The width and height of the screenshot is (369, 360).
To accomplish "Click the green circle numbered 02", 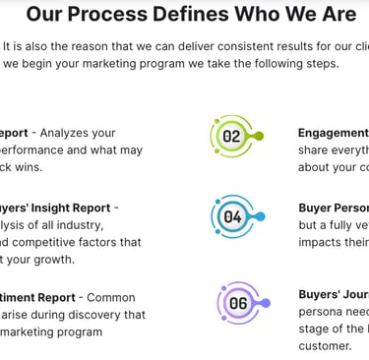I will click(x=231, y=136).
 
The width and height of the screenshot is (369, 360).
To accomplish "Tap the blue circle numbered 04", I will click(x=233, y=215).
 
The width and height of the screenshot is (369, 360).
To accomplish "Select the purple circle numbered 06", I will click(x=238, y=303).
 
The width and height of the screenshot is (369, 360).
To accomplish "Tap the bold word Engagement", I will click(x=334, y=133).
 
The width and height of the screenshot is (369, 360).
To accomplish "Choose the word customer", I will click(x=325, y=346).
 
